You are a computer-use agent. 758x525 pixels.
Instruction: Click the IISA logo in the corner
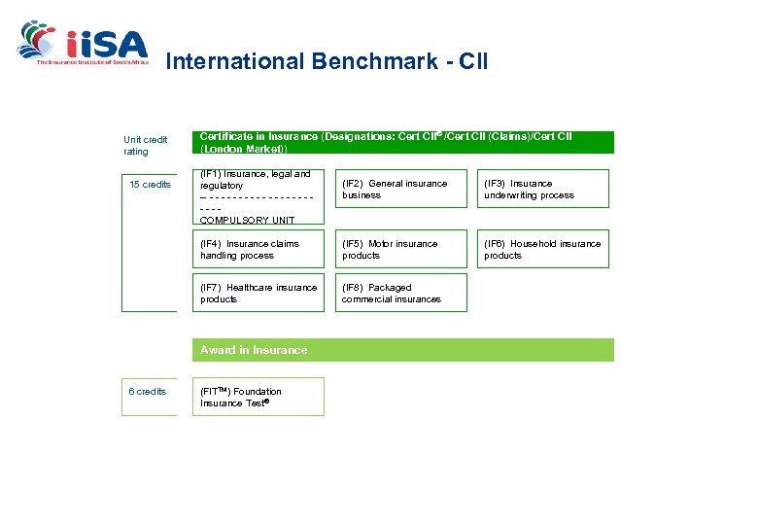[x=83, y=43]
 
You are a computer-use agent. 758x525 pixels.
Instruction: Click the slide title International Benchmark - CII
[x=327, y=62]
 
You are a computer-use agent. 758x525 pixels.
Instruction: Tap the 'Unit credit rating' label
[x=145, y=145]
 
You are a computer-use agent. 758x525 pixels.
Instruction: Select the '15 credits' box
[x=150, y=185]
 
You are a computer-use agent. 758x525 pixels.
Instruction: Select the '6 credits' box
[x=148, y=392]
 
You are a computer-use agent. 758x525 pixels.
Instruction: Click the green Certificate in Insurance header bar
[x=405, y=143]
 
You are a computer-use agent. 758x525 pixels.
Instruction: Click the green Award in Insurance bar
[x=405, y=350]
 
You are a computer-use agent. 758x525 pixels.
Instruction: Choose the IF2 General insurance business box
[x=400, y=189]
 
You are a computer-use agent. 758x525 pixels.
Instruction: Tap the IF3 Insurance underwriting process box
[x=542, y=189]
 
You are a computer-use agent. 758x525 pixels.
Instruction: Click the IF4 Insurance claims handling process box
[x=258, y=250]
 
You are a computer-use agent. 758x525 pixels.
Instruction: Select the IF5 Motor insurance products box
[x=400, y=250]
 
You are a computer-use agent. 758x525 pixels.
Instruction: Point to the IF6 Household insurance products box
[x=542, y=250]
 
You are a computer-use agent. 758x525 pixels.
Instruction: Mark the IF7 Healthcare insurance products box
[x=258, y=293]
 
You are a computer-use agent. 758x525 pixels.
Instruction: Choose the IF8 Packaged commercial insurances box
[x=400, y=293]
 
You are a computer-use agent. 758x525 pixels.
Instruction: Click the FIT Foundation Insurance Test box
[x=258, y=397]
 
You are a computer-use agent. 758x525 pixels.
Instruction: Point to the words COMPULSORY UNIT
[x=247, y=221]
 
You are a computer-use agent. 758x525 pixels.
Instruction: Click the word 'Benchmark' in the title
[x=370, y=62]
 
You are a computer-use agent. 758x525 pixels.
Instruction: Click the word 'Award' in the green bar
[x=219, y=350]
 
